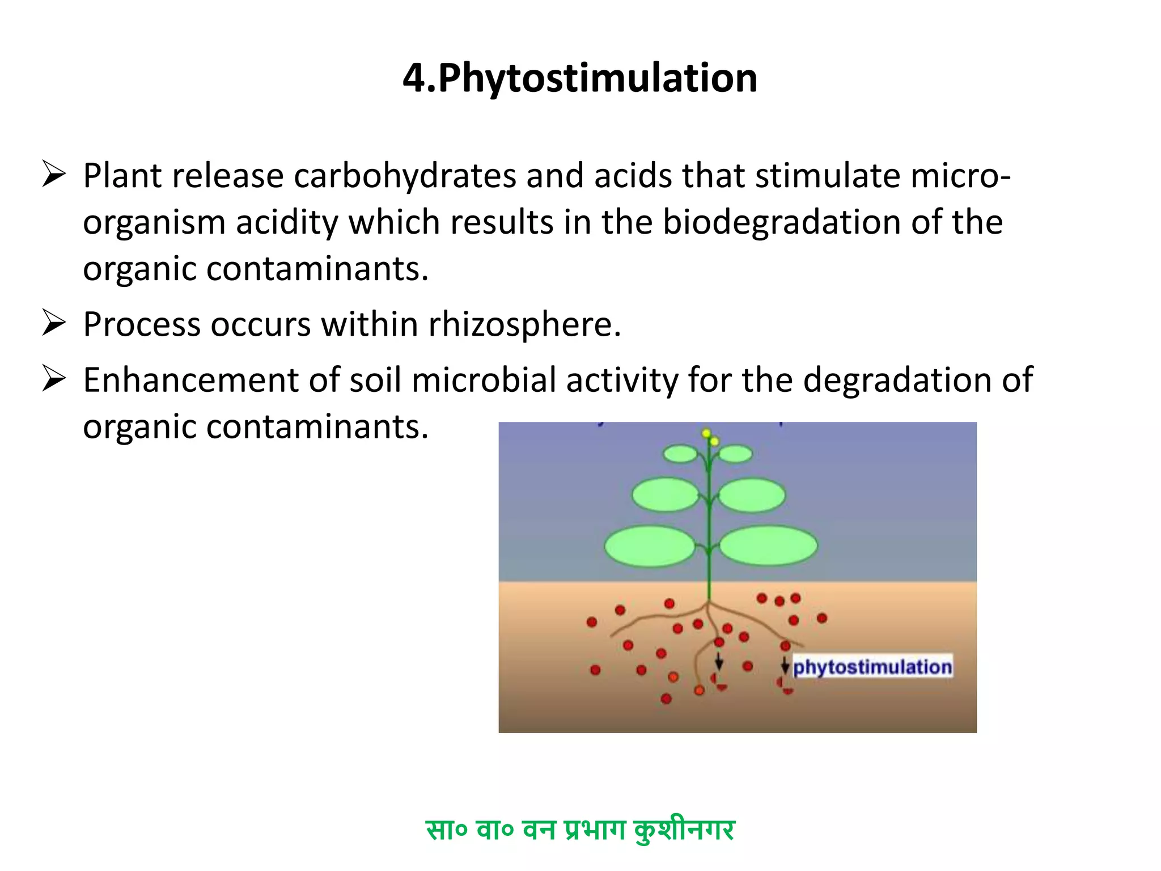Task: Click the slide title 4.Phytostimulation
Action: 579,78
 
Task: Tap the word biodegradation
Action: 782,222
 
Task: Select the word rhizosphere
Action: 524,324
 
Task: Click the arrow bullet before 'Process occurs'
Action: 54,323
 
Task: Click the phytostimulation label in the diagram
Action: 872,667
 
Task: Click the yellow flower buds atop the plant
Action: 710,437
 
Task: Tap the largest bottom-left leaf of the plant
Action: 650,546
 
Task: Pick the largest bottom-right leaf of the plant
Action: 768,546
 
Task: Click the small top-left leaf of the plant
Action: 680,454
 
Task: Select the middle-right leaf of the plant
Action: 752,495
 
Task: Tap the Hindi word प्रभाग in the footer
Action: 595,830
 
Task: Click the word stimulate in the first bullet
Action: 828,176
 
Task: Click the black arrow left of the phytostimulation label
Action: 785,665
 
